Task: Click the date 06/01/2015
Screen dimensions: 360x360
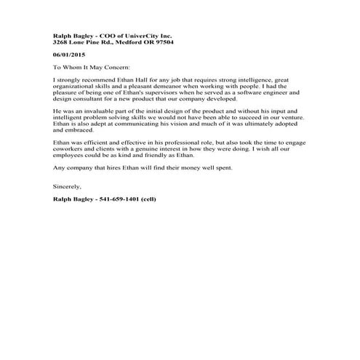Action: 68,55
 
